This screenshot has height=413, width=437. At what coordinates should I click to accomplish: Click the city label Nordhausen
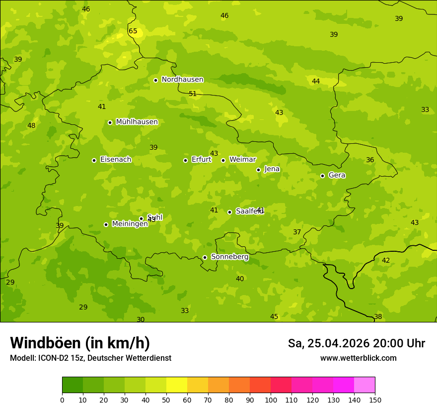[x=182, y=80]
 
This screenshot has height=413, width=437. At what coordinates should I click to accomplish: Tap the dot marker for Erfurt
[x=185, y=160]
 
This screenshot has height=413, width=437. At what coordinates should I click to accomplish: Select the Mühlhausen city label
[x=137, y=122]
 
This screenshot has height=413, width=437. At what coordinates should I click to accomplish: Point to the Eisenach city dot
[x=94, y=160]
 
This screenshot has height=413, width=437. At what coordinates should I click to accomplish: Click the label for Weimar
[x=242, y=160]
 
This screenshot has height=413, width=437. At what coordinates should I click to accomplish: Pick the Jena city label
[x=272, y=169]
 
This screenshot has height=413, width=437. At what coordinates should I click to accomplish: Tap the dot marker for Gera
[x=322, y=176]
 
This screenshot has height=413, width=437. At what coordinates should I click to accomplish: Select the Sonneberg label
[x=229, y=257]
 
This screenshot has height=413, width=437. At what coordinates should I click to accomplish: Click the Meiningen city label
[x=130, y=224]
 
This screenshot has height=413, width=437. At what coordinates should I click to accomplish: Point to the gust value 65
[x=133, y=31]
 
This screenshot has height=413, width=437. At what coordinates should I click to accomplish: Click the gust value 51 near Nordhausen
[x=193, y=94]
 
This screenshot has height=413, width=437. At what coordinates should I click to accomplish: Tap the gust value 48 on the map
[x=31, y=126]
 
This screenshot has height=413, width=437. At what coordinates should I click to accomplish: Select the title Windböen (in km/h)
[x=80, y=343]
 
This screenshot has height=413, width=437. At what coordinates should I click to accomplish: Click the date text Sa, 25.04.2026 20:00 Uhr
[x=356, y=343]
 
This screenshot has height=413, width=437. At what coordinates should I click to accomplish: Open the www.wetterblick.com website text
[x=358, y=358]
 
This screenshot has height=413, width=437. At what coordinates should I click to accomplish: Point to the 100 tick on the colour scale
[x=271, y=400]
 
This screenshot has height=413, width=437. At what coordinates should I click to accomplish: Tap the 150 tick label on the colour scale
[x=375, y=400]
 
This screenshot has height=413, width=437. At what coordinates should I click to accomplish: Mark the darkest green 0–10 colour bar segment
[x=73, y=385]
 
